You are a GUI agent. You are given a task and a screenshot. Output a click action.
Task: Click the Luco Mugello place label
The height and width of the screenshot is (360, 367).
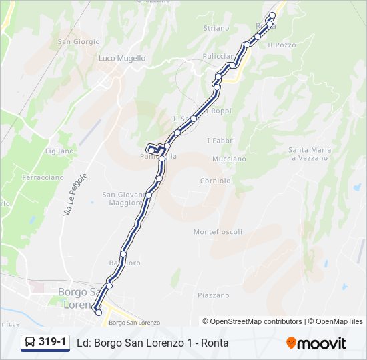(x=121, y=58)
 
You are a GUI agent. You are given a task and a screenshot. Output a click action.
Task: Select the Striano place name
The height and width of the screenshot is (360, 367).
(x=216, y=28)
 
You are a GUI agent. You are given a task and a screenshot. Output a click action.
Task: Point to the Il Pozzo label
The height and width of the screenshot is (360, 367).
(x=281, y=45)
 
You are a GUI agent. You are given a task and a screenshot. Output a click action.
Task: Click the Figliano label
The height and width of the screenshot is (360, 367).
(x=60, y=151)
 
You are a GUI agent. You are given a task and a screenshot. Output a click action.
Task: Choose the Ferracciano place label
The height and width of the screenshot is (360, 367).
(x=43, y=178)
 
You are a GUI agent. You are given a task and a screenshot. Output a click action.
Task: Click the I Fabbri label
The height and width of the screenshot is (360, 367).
(x=220, y=141)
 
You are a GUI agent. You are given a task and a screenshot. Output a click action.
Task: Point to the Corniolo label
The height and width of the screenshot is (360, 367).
(x=215, y=181)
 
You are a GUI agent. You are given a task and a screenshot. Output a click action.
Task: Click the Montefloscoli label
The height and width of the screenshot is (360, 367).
(x=218, y=232)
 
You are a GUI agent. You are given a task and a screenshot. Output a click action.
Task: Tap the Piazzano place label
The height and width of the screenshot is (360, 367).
(x=213, y=295)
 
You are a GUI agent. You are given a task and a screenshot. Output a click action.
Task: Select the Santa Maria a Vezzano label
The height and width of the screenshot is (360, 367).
(x=308, y=154)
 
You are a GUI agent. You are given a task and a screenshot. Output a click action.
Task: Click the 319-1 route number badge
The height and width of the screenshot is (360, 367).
(x=53, y=342)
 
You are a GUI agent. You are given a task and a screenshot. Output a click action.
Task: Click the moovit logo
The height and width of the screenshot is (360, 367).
(x=316, y=343)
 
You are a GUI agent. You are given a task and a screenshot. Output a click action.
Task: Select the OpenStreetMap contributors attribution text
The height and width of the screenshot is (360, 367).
(x=252, y=321)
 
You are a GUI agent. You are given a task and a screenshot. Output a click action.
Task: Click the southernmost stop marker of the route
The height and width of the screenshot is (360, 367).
(x=99, y=312)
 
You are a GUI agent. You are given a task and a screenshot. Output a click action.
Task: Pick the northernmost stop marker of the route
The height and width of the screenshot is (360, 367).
(x=272, y=15)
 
